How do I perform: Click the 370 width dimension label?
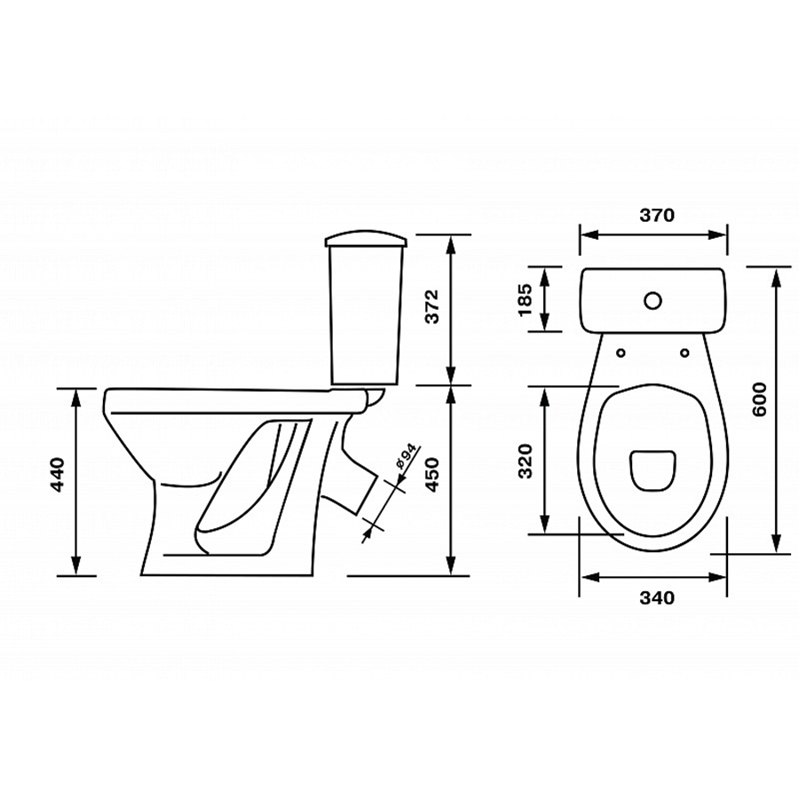(657, 215)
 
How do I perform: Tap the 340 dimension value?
(657, 597)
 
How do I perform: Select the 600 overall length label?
(759, 399)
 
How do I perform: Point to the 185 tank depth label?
(525, 299)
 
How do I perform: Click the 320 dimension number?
(525, 461)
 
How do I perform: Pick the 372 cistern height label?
(432, 307)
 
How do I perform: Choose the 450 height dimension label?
(432, 474)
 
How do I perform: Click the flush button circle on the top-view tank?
(653, 301)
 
